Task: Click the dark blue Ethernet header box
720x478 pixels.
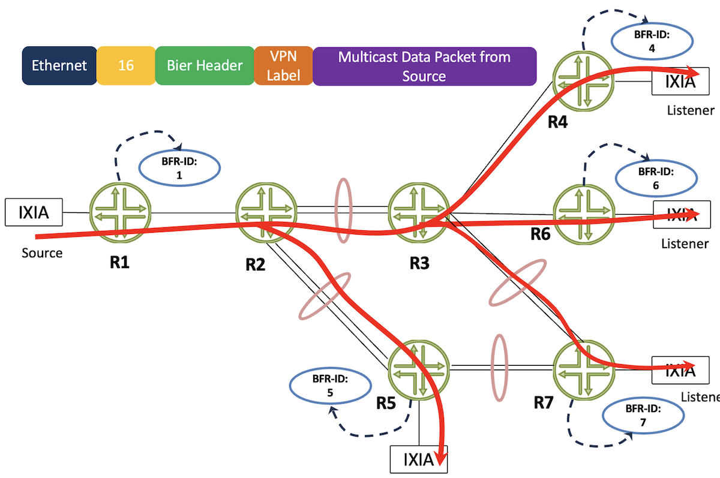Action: [59, 66]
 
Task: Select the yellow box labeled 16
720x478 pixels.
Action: [126, 66]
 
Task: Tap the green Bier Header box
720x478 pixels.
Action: [205, 66]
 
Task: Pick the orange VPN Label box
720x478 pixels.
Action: [283, 66]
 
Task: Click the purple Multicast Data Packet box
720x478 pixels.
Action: [424, 66]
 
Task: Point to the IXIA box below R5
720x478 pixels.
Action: [418, 460]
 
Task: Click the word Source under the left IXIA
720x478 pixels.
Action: [42, 253]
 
